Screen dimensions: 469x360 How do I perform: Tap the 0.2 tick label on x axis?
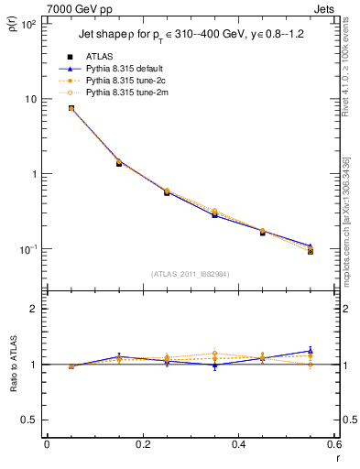point(143,445)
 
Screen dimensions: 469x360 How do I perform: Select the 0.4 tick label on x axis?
point(239,445)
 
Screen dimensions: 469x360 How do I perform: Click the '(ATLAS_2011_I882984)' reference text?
point(190,274)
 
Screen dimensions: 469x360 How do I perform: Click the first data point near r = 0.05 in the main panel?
point(71,108)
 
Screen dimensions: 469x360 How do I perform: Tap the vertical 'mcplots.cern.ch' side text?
point(350,247)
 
